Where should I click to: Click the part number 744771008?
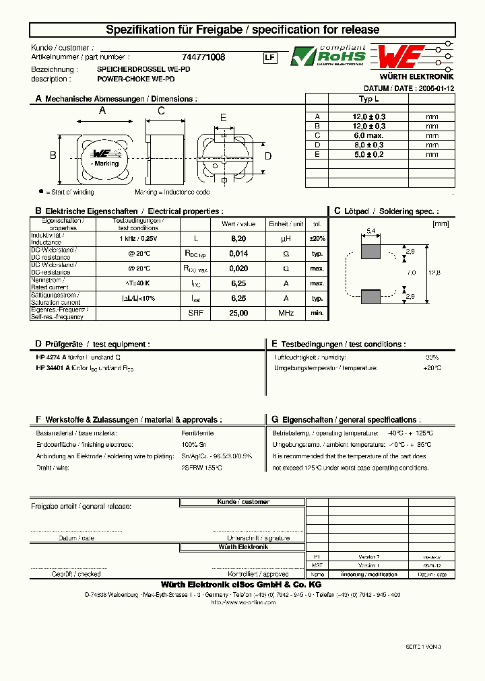203,58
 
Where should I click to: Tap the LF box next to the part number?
269,58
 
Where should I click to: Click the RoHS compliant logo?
329,56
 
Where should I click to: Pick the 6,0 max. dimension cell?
369,135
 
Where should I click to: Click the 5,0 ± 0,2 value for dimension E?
369,154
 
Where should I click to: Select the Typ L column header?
369,98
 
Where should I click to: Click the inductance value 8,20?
238,238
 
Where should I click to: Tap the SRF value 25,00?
238,313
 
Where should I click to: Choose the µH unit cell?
286,238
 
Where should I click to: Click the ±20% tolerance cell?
317,238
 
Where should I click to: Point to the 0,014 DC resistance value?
238,254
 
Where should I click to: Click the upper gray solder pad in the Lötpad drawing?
370,252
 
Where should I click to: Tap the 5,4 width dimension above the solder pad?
370,231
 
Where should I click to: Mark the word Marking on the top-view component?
106,164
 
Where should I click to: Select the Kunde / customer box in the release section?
243,502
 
